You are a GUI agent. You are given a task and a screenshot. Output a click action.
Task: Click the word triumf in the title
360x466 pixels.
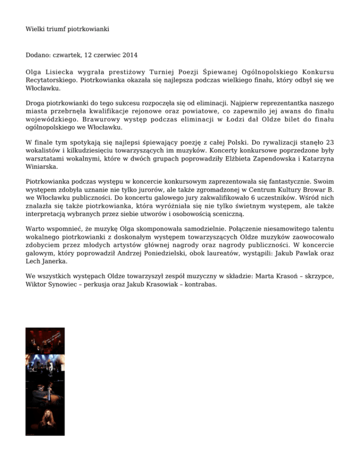click(58, 29)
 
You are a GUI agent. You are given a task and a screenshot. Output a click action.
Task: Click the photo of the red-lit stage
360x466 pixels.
click(39, 341)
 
